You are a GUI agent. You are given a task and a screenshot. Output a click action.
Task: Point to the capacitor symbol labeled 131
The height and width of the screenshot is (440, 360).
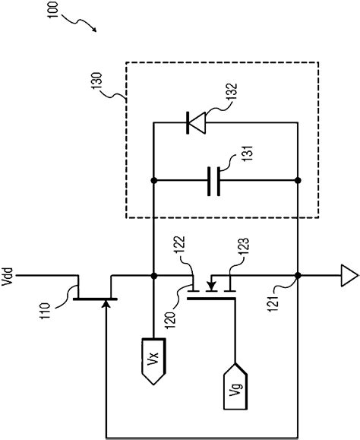[x=214, y=181]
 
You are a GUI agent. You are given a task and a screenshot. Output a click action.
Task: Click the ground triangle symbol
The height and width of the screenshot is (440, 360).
[x=349, y=274]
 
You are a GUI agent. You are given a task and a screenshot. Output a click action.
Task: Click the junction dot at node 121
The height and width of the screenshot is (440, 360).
[x=296, y=274]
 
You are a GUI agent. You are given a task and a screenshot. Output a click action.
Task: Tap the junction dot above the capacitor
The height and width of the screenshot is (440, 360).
[x=154, y=181]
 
